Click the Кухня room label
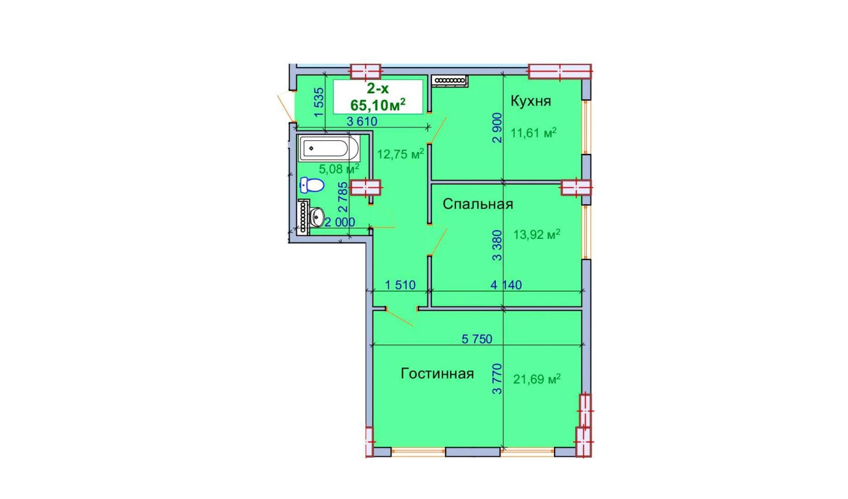pyautogui.click(x=531, y=102)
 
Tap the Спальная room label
pyautogui.click(x=478, y=204)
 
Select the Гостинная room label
pyautogui.click(x=437, y=374)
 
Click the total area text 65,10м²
pyautogui.click(x=378, y=105)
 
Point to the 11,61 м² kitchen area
pyautogui.click(x=533, y=133)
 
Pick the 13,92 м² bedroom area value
pyautogui.click(x=536, y=234)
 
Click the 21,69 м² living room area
pyautogui.click(x=537, y=379)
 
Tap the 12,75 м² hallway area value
pyautogui.click(x=401, y=154)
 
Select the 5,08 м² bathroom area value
pyautogui.click(x=339, y=169)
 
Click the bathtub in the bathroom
pyautogui.click(x=329, y=149)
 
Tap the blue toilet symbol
pyautogui.click(x=312, y=186)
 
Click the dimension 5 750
pyautogui.click(x=477, y=339)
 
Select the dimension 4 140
pyautogui.click(x=506, y=285)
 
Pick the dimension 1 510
pyautogui.click(x=400, y=285)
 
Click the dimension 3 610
pyautogui.click(x=362, y=122)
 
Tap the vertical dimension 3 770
pyautogui.click(x=497, y=379)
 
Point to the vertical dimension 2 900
pyautogui.click(x=497, y=127)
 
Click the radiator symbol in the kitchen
pyautogui.click(x=450, y=80)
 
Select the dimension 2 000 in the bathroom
pyautogui.click(x=340, y=222)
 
